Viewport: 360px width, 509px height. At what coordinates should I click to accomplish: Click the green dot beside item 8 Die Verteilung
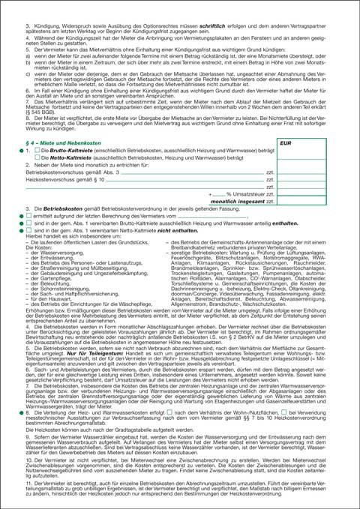tap(21, 412)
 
